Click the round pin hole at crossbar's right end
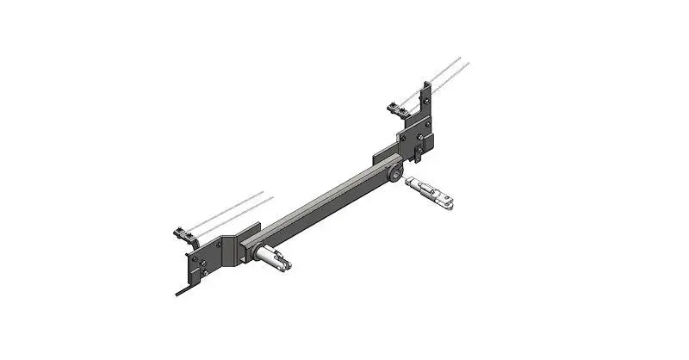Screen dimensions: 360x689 (x=393, y=177)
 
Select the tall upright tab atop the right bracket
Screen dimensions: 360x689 (x=426, y=99)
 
